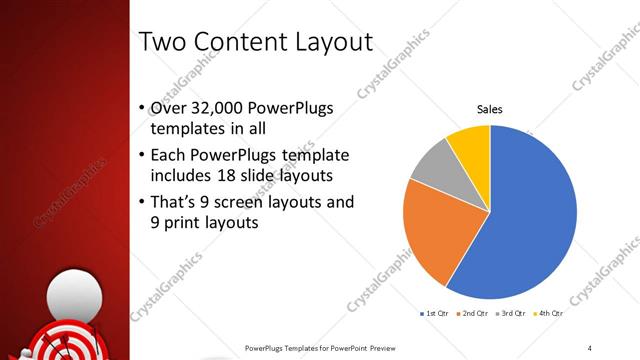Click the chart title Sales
489,109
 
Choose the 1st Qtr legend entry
436,314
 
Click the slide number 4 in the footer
590,347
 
